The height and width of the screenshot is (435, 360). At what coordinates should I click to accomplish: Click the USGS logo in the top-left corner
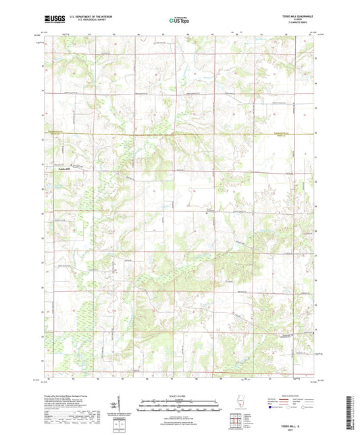point(51,19)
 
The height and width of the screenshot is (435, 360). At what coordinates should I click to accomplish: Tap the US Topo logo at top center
point(179,20)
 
